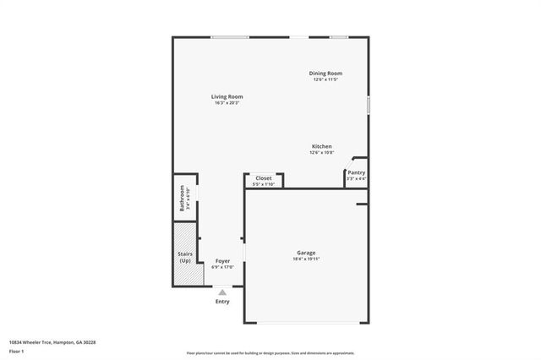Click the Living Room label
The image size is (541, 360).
(227, 97)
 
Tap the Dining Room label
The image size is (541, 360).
(325, 74)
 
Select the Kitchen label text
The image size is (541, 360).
(321, 146)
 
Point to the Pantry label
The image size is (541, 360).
(356, 172)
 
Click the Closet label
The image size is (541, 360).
(264, 178)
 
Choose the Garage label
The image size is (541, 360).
(305, 253)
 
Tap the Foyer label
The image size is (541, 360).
(222, 261)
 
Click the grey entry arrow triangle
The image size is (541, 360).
(222, 292)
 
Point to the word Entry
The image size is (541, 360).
(222, 302)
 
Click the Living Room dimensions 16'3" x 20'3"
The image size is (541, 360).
(227, 103)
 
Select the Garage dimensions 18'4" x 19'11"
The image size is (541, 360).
(305, 259)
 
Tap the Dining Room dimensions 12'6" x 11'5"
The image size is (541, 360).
(325, 79)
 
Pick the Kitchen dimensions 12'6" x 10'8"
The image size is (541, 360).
(321, 152)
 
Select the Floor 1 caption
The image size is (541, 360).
(16, 350)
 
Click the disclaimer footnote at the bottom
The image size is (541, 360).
(270, 352)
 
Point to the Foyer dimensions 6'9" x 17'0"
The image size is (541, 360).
(222, 267)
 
